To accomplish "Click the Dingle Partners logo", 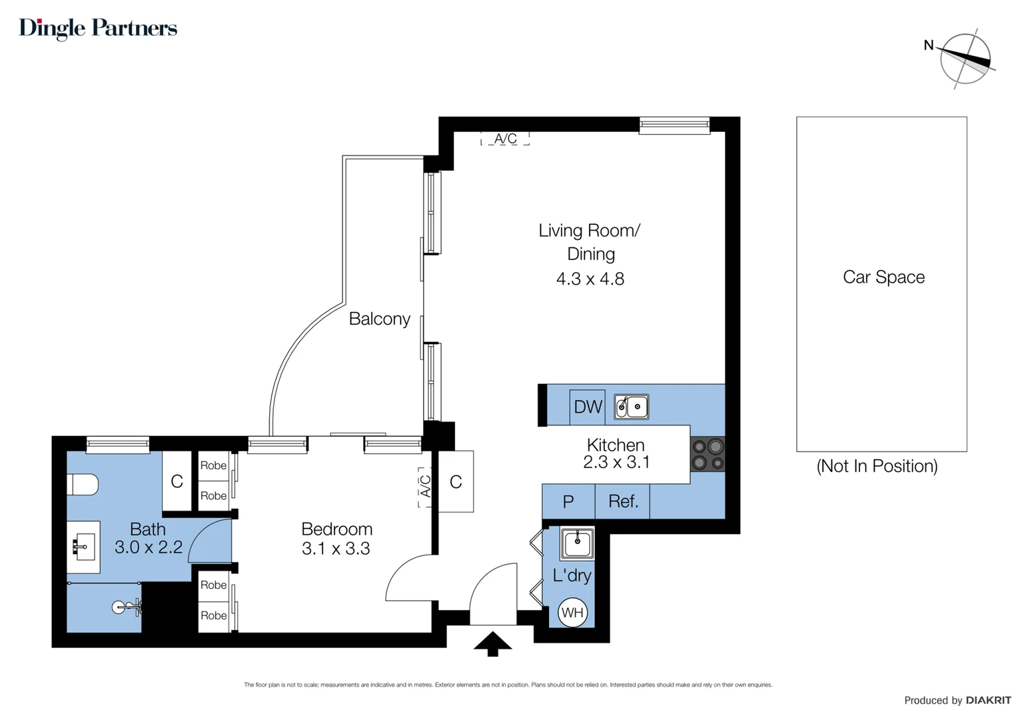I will point(98,28).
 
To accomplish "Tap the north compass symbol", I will point(965,59).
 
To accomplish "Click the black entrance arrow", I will point(492,644).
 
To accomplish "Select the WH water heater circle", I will point(572,613).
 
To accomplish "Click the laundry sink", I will point(577,543).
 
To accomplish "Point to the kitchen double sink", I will point(631,407).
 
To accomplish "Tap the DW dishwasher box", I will point(588,407).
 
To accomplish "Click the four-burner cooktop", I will point(708,454).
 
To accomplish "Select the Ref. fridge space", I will point(622,501).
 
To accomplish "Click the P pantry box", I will point(568,502).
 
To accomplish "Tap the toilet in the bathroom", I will point(83,484).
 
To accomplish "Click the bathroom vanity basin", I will point(83,547).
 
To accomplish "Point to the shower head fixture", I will point(127,607).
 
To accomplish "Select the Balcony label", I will point(379,319).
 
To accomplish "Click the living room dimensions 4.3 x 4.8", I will point(590,279).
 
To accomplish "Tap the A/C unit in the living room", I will point(505,139).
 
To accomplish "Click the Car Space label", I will point(883,277).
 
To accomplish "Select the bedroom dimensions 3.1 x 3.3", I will point(336,549).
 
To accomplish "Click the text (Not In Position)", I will point(877,466).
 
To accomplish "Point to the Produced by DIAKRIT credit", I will point(957,700).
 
